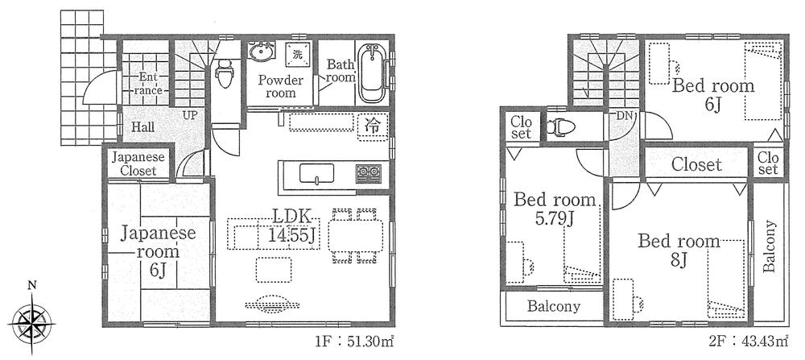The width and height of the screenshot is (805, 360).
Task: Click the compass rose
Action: click(x=31, y=321)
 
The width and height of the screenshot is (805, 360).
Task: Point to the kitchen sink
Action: click(x=317, y=173)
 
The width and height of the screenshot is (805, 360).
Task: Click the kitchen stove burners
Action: click(x=367, y=172)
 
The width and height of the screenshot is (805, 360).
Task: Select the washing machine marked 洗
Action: click(x=297, y=55)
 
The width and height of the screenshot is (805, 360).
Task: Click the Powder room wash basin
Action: click(x=261, y=53)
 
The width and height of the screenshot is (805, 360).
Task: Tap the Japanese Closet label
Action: click(x=138, y=163)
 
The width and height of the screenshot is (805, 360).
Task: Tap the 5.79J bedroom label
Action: click(x=555, y=209)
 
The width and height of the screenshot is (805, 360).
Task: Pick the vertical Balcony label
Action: click(x=770, y=246)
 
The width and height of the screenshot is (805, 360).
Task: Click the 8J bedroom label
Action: click(x=679, y=250)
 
